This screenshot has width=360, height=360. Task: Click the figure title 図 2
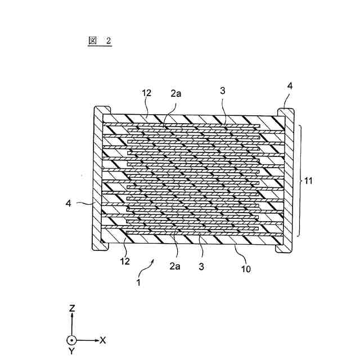tap(100, 40)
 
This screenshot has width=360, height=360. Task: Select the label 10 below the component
tap(246, 269)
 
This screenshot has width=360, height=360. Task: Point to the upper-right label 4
tap(290, 86)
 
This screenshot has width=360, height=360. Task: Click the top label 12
tap(147, 93)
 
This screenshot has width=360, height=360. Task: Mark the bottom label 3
tap(201, 266)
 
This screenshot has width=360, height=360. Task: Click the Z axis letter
tap(72, 309)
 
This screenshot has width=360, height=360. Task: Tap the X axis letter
tap(103, 340)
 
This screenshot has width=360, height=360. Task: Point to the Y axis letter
tap(72, 352)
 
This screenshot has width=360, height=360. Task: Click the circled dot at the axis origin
tap(72, 340)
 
